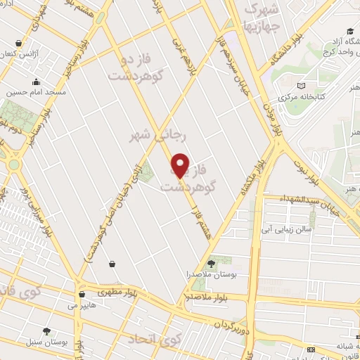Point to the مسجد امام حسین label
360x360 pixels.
36,92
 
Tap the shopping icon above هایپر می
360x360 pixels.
82,295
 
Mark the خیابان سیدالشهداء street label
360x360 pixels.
313,201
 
